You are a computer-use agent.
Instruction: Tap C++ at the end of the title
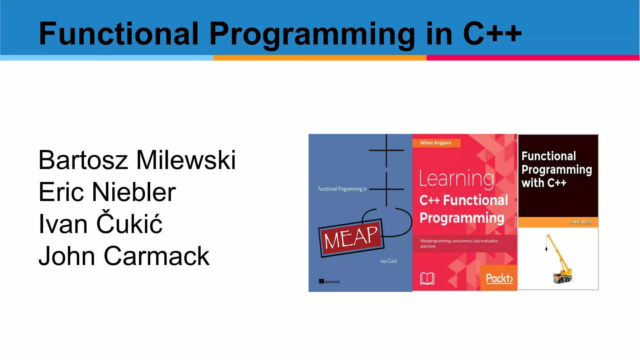tap(492, 33)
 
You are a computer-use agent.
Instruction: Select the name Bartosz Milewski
tap(137, 160)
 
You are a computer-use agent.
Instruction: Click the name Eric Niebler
tap(107, 192)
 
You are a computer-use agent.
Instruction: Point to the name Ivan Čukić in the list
tap(100, 224)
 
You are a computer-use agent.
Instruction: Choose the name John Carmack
tap(124, 256)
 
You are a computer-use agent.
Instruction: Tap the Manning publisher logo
tap(329, 282)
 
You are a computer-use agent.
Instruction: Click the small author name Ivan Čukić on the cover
tap(388, 261)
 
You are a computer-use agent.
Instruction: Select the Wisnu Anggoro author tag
tap(436, 143)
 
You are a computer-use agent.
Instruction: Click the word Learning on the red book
tap(457, 179)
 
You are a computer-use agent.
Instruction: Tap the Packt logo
tap(499, 278)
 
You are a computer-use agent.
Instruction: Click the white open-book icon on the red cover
tap(427, 278)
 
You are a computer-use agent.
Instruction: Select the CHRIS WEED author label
tap(580, 222)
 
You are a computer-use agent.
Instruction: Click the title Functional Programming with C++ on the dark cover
tap(556, 169)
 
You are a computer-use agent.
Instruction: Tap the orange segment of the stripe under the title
tap(320, 58)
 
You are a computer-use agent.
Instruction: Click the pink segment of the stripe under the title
tap(533, 58)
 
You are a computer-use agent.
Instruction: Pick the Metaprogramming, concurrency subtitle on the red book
tap(459, 243)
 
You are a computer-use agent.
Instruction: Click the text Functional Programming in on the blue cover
tap(342, 189)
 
